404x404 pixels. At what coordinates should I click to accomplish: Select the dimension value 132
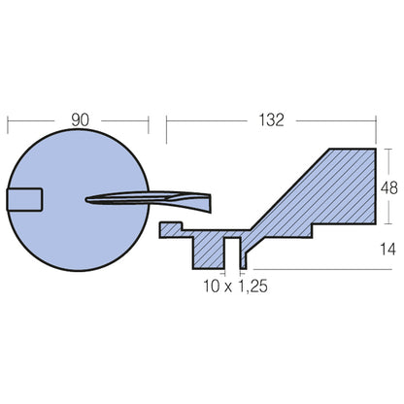tap(271, 119)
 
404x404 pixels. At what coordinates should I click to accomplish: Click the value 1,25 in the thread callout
tap(250, 286)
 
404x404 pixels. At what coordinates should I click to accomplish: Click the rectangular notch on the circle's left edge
tap(25, 200)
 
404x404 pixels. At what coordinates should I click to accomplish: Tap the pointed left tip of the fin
tap(89, 202)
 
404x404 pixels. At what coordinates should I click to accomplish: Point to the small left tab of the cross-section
tap(171, 229)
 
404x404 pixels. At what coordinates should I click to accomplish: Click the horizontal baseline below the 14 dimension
tap(320, 268)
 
